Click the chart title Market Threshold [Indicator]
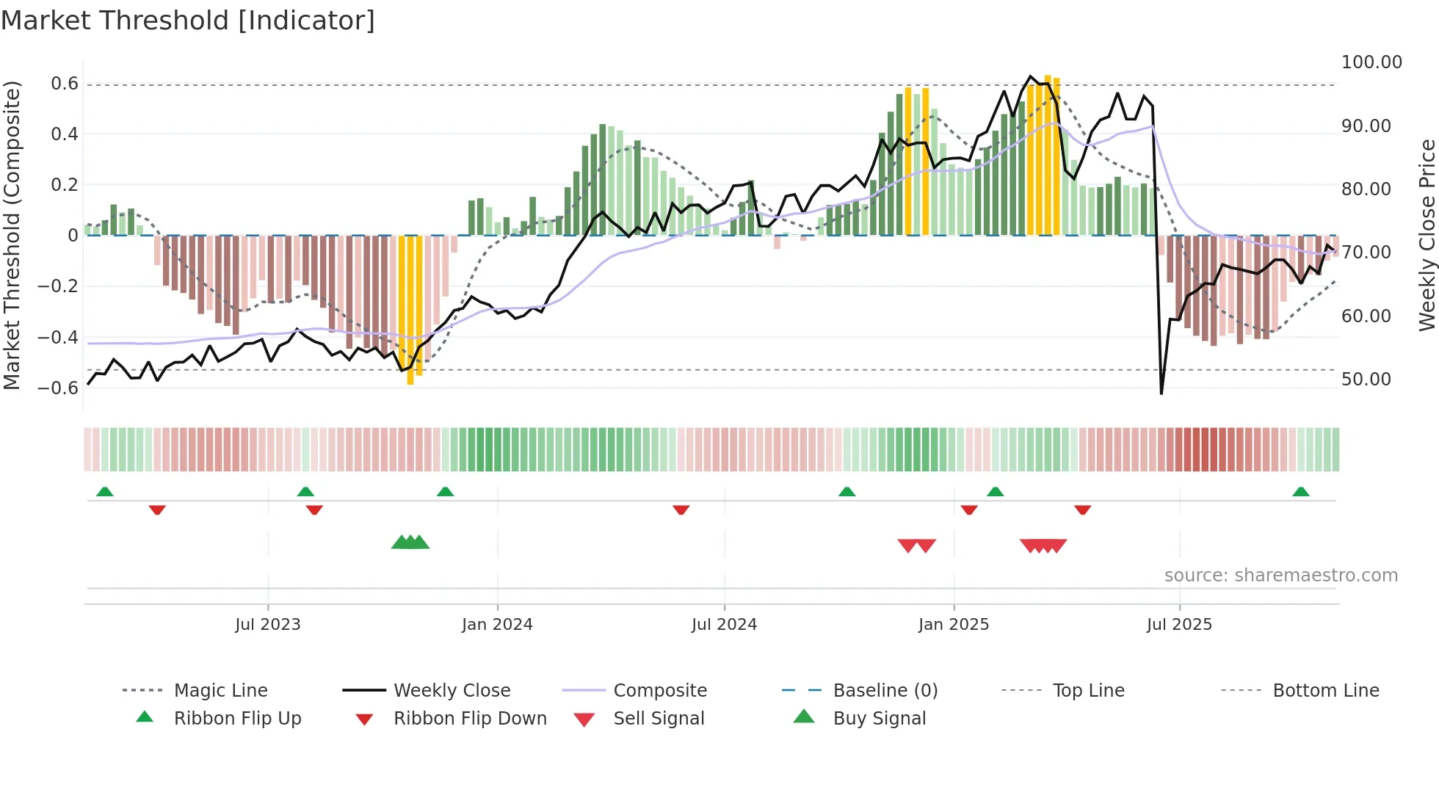pos(188,21)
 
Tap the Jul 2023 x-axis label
pos(268,625)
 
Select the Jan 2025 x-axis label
pos(954,625)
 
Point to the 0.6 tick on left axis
pos(65,84)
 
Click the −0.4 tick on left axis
pos(58,338)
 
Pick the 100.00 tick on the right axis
pos(1371,62)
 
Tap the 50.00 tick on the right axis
pos(1366,380)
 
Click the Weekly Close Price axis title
pos(1427,235)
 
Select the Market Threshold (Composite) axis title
pos(12,235)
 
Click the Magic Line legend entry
pos(220,691)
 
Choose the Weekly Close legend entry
pos(452,691)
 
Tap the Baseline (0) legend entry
pos(885,691)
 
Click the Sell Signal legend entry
pos(659,719)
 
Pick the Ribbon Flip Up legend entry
pos(237,719)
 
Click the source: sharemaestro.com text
pos(1280,576)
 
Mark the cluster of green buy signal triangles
pos(410,543)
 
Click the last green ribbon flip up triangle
pos(1300,492)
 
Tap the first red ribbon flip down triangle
pos(157,509)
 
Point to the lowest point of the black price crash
pos(1161,393)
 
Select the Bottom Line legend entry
pos(1325,691)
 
